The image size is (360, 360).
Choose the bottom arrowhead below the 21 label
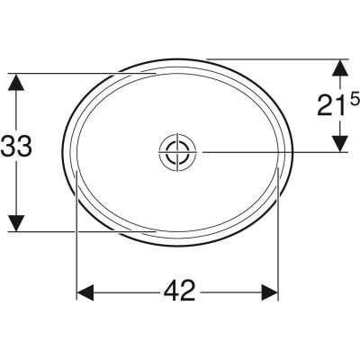pos(340,144)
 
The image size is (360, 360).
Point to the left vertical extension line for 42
pos(76,243)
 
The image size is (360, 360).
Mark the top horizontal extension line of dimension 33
pos(81,72)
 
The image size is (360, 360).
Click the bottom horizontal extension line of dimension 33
pos(81,230)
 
